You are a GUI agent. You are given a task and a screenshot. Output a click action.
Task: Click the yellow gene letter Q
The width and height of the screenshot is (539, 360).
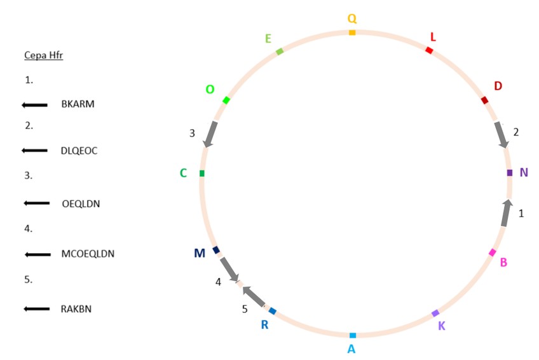coord(351,18)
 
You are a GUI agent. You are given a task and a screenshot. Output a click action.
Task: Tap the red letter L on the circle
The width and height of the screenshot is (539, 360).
coord(433,36)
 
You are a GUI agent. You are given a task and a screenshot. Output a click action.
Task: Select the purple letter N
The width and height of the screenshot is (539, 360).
coord(524,172)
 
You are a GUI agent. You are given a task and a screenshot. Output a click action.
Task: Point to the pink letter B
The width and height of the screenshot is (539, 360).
coord(503,262)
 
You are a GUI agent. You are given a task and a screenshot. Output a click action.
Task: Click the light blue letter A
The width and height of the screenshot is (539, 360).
coord(352,349)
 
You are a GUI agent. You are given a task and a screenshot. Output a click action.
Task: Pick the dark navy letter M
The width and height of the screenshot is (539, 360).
coord(200,254)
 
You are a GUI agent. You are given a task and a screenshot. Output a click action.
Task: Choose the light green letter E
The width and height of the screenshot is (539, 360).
coord(268,38)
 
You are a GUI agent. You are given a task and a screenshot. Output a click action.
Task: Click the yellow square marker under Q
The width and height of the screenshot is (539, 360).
coord(352,32)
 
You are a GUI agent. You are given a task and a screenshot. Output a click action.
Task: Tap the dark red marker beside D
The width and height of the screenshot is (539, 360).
coord(485,100)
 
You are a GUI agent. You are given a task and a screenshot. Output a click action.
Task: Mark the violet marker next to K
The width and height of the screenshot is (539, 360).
coord(435,313)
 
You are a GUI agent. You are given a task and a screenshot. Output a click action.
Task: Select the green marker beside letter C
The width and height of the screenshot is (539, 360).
coord(202,173)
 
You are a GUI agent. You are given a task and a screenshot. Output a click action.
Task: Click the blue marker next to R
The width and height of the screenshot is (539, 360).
coord(273,311)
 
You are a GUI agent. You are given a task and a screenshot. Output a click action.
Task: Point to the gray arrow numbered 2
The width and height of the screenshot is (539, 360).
coord(501,135)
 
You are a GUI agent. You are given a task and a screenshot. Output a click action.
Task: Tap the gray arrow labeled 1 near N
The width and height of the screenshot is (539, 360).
coord(507,213)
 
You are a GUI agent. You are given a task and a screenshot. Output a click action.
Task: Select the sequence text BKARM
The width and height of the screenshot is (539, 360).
coord(78,104)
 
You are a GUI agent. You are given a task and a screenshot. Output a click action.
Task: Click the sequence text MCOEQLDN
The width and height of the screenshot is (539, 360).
coord(88,254)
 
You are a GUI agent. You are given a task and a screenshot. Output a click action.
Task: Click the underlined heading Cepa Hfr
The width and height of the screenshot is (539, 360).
coord(43,55)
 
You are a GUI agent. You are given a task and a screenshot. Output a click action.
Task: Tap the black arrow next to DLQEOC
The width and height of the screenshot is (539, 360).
coord(34,151)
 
